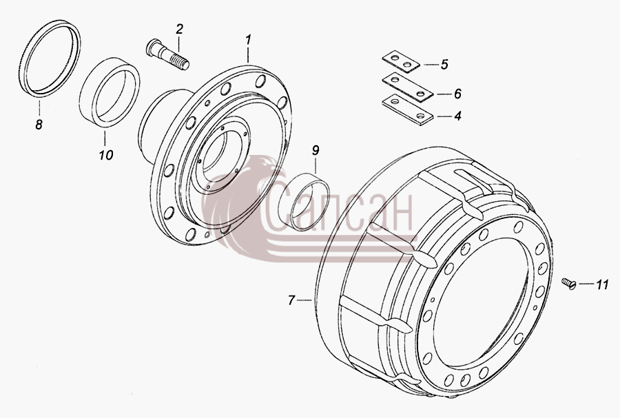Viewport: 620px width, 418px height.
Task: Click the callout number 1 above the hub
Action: click(x=248, y=39)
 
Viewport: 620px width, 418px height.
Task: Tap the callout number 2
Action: click(x=180, y=29)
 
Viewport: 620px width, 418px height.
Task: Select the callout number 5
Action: click(x=444, y=64)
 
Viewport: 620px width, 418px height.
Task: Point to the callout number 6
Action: click(x=457, y=94)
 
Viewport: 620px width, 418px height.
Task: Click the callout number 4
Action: click(x=457, y=116)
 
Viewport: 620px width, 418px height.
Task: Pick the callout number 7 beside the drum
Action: click(x=291, y=301)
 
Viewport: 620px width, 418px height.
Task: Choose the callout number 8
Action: click(x=39, y=125)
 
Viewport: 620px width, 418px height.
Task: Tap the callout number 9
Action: click(x=316, y=150)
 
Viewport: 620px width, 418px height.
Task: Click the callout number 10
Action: click(x=106, y=155)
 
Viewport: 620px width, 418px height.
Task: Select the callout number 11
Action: click(x=602, y=284)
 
